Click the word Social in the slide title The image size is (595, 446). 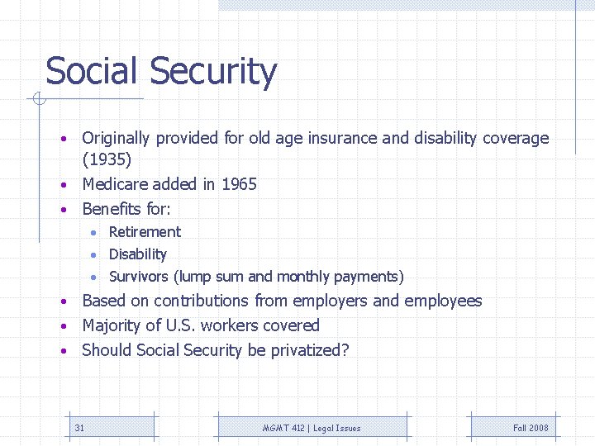click(91, 71)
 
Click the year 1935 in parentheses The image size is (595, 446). click(107, 159)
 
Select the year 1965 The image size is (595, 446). click(239, 184)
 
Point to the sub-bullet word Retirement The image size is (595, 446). click(145, 232)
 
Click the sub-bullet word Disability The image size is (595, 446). click(137, 254)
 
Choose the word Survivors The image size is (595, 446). click(139, 277)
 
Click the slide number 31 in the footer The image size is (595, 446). click(79, 428)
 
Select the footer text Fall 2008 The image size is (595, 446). click(531, 428)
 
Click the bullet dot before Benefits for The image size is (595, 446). click(63, 211)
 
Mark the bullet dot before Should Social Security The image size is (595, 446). click(63, 352)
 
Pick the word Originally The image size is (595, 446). click(117, 139)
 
